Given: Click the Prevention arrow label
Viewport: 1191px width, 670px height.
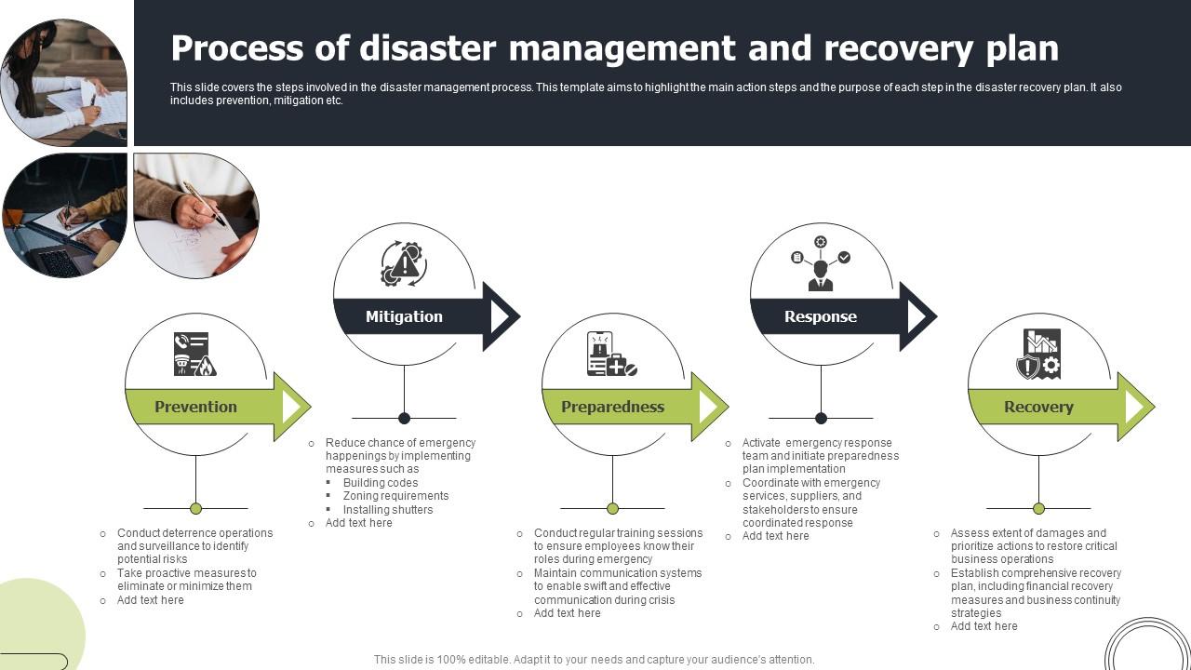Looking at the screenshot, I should tap(195, 407).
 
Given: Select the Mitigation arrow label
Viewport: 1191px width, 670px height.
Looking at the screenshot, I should tap(404, 316).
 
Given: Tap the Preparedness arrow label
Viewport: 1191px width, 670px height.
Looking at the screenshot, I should tap(612, 407).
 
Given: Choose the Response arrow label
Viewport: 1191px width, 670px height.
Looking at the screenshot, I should tap(820, 316).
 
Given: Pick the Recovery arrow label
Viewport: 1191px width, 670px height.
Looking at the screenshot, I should tap(1038, 407).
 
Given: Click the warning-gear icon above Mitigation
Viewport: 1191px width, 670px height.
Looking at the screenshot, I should tap(404, 264).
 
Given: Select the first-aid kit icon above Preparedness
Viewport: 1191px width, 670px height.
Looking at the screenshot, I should tap(611, 355).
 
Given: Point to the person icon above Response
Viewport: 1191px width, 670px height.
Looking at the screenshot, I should tap(820, 264).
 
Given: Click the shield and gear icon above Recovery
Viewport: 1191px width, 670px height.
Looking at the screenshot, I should tap(1039, 355).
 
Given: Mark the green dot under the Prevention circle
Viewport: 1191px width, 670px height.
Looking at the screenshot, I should tap(195, 508).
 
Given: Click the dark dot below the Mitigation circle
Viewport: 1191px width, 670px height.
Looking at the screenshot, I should tap(404, 418).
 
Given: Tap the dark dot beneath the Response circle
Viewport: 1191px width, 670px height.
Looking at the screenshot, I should tap(821, 418).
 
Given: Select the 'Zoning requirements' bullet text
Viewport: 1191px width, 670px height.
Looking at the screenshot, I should tap(395, 496).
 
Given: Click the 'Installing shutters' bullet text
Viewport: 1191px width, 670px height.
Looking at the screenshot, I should tap(388, 510).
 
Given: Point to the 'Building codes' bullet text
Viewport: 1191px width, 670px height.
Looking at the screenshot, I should tap(381, 483).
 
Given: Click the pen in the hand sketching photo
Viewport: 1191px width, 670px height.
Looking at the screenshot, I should tap(204, 202).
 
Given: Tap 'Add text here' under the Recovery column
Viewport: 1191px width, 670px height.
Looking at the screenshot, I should tap(984, 626).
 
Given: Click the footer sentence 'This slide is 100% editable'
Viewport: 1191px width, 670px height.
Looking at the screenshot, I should tap(594, 660).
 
